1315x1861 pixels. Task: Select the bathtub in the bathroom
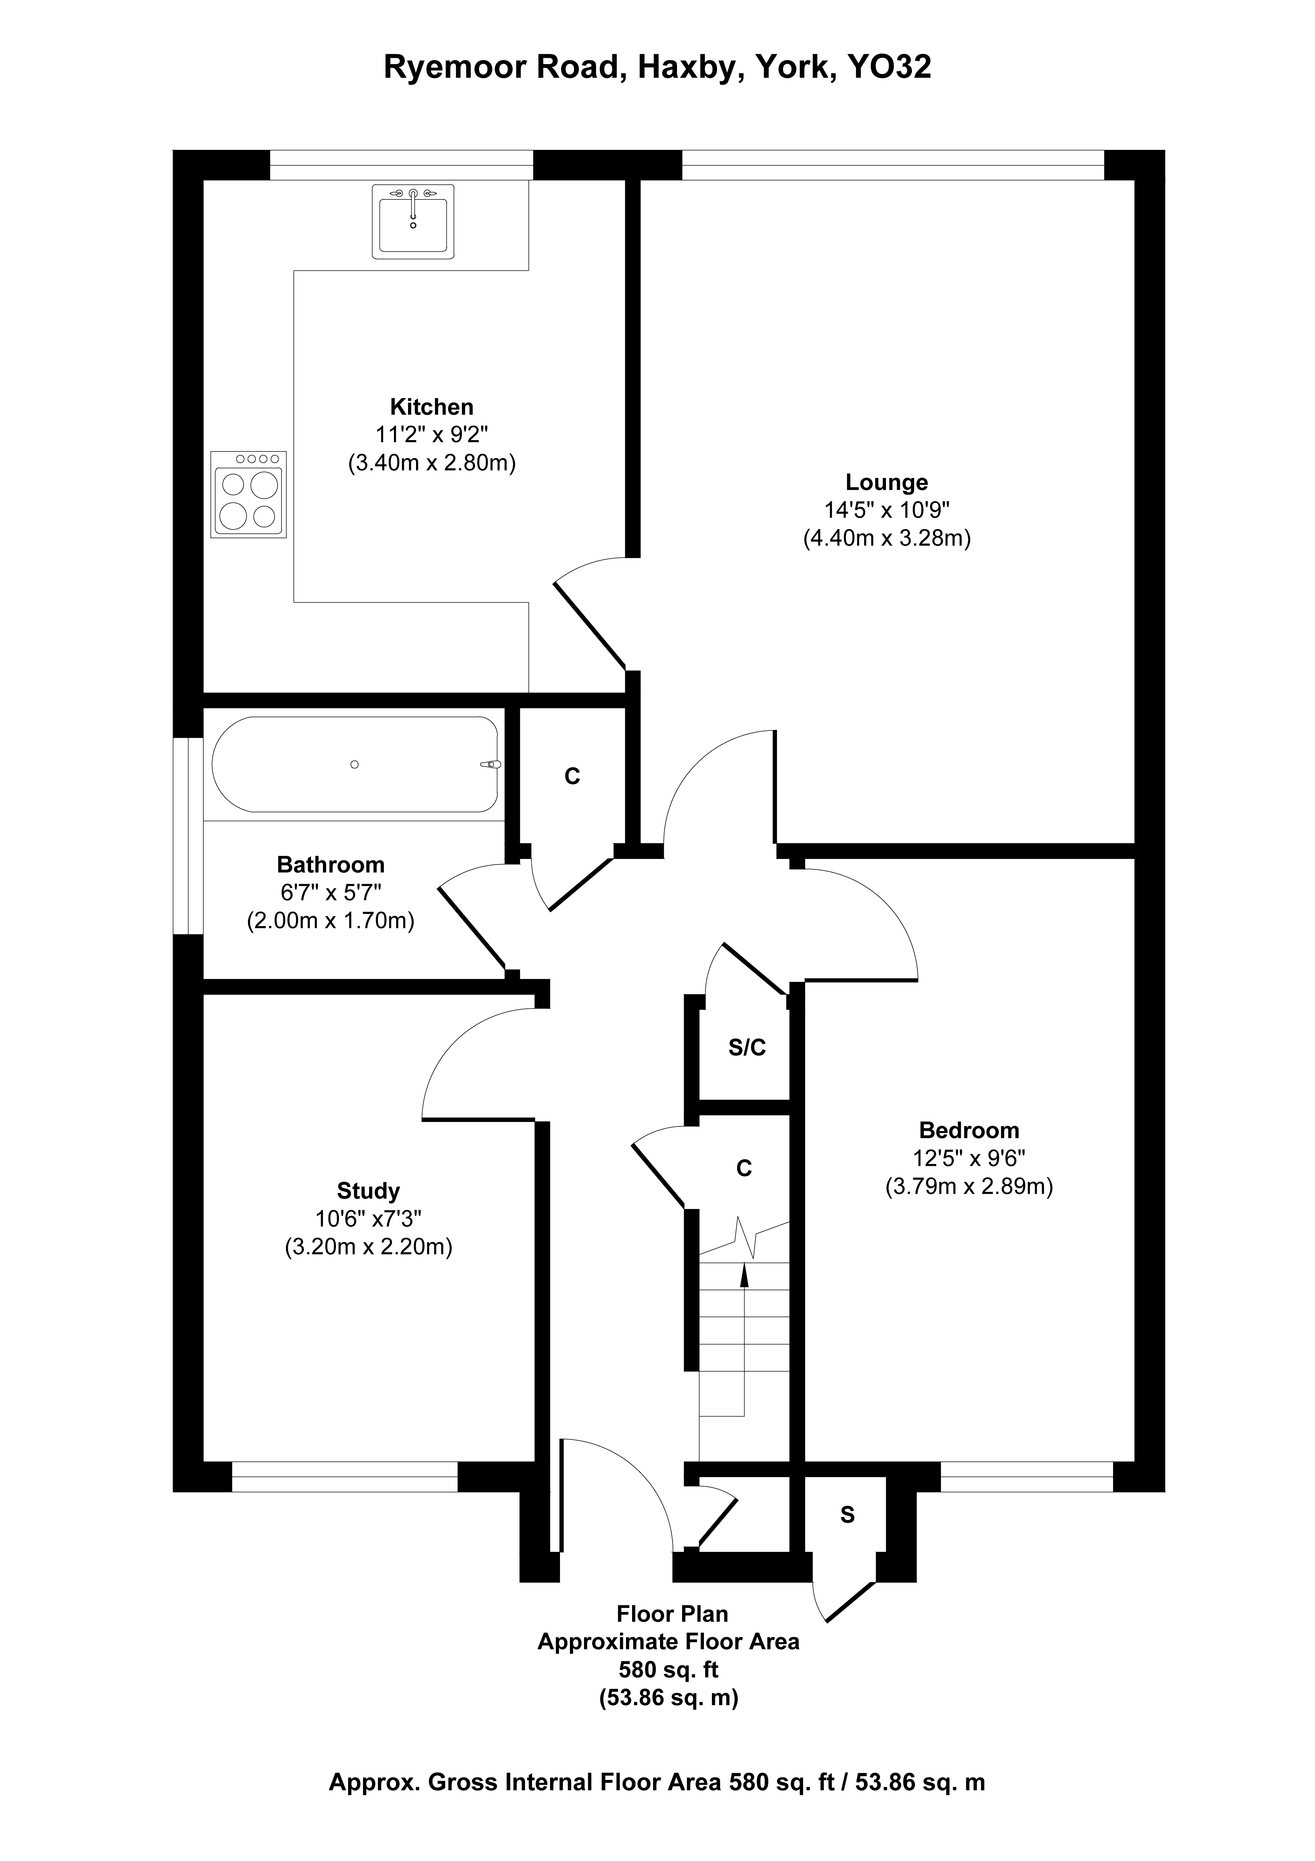pyautogui.click(x=355, y=764)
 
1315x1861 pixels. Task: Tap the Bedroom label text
pyautogui.click(x=969, y=1130)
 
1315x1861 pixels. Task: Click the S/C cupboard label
pyautogui.click(x=747, y=1048)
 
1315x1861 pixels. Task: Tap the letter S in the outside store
pyautogui.click(x=847, y=1515)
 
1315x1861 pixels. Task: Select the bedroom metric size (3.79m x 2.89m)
pyautogui.click(x=969, y=1187)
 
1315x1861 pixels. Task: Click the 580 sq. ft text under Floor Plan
pyautogui.click(x=669, y=1670)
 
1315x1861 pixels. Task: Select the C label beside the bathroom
pyautogui.click(x=572, y=777)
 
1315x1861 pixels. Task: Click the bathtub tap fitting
pyautogui.click(x=491, y=764)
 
